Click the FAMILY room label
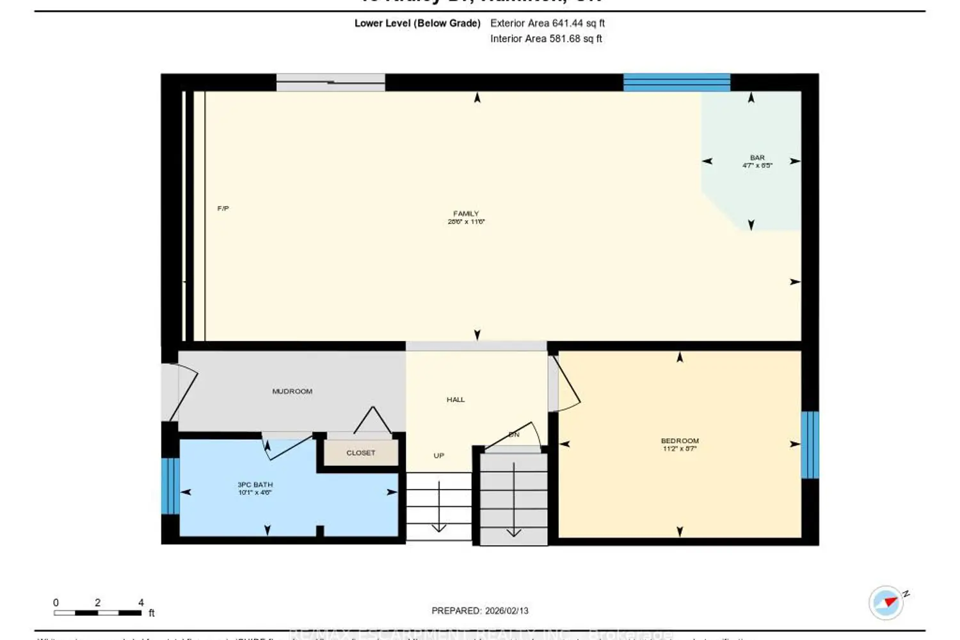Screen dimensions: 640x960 466,214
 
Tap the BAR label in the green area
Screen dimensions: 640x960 757,157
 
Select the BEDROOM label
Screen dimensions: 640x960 680,441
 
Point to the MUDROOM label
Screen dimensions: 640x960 292,391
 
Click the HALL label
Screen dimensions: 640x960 456,399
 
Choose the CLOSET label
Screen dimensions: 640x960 361,452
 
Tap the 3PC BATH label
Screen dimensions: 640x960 255,484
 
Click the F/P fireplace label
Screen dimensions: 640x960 223,209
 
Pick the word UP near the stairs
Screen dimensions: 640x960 438,456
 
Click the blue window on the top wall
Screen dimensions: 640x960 676,83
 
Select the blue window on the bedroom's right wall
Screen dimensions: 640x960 810,444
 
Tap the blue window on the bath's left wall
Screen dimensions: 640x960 170,486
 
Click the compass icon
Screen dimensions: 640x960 886,602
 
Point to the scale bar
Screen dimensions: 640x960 97,612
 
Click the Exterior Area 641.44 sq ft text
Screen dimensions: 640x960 547,23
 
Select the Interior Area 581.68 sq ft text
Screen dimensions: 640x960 546,38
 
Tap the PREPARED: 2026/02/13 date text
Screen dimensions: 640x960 480,611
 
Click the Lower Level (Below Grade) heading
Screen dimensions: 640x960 417,23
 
